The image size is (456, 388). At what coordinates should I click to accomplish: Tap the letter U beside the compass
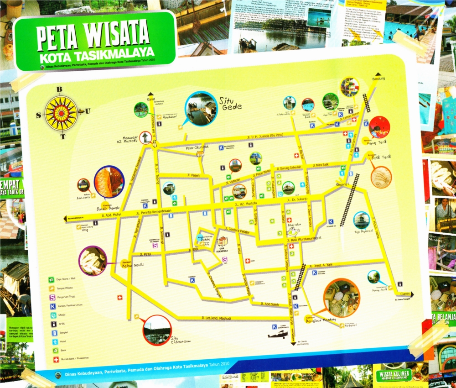click(88, 111)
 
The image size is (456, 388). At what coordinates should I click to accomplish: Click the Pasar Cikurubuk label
click(197, 147)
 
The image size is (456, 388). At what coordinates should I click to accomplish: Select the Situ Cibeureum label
click(181, 339)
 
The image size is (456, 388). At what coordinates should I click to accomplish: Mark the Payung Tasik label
click(378, 142)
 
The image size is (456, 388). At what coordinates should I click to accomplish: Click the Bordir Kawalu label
click(107, 209)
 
